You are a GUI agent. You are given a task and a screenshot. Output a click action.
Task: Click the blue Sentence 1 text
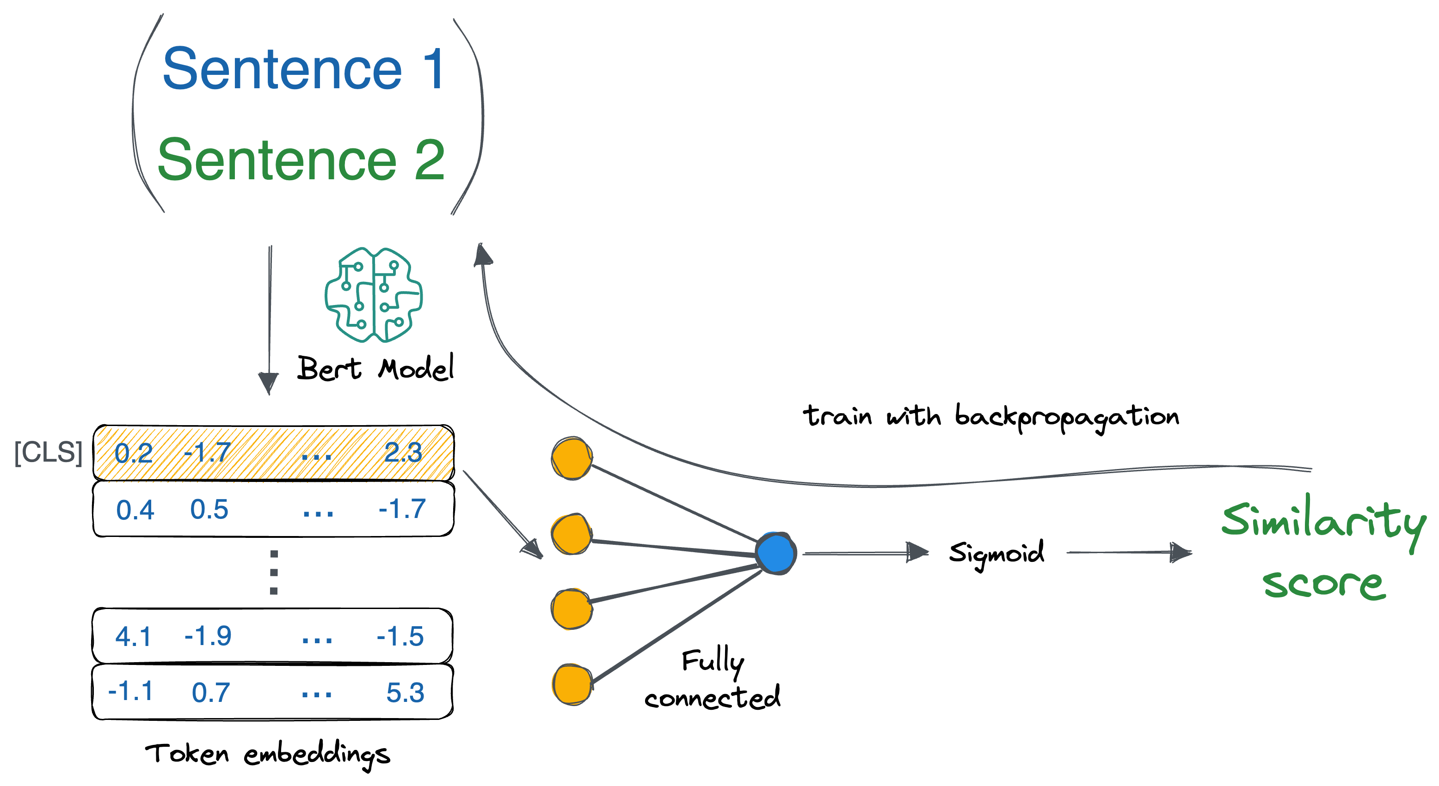[x=303, y=69]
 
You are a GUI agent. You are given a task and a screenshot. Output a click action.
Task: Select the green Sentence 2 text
[x=301, y=160]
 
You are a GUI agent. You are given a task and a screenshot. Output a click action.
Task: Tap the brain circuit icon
[x=373, y=295]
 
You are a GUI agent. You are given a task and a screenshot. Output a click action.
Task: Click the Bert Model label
[x=375, y=368]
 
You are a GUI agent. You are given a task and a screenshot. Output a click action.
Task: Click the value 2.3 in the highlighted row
[x=403, y=452]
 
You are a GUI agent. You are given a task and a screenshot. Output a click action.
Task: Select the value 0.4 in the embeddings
[x=135, y=510]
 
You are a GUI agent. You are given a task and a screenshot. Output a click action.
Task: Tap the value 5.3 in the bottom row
[x=406, y=693]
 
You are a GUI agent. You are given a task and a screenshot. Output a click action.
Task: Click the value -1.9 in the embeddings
[x=208, y=636]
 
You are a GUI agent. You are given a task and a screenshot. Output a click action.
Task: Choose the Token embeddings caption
[x=268, y=756]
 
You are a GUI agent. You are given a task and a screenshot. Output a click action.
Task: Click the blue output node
[x=776, y=553]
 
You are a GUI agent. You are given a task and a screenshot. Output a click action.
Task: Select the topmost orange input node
[x=572, y=458]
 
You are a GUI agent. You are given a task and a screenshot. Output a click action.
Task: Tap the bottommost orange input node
[x=572, y=684]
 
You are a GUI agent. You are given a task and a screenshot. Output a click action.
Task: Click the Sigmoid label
[x=996, y=554]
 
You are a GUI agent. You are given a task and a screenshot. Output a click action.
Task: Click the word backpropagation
[x=1067, y=417]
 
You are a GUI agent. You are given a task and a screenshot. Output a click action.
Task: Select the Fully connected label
[x=712, y=679]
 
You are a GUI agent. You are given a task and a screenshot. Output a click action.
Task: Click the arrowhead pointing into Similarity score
[x=1181, y=552]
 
